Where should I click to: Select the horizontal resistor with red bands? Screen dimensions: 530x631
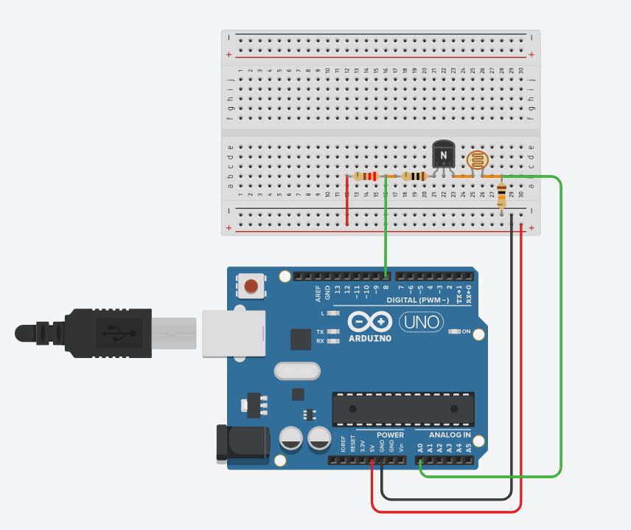pos(366,176)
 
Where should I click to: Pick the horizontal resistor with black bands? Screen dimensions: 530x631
pos(415,176)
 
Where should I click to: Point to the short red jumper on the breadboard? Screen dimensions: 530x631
pos(347,201)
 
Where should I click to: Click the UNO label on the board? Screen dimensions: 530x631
pos(422,322)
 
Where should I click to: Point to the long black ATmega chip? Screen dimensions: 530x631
pos(402,408)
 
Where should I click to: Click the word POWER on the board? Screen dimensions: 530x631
pos(390,435)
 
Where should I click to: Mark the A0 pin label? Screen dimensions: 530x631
pos(420,447)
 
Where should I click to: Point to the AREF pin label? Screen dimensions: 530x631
pos(318,293)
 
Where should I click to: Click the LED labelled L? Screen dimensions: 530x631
pos(333,313)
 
